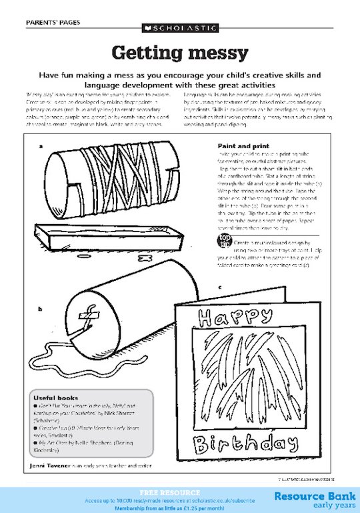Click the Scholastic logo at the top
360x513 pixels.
[x=179, y=29]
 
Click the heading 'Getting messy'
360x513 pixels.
[x=179, y=53]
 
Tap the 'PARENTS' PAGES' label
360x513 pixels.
[x=53, y=22]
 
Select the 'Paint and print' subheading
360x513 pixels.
[x=243, y=145]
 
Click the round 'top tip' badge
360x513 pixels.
[x=225, y=241]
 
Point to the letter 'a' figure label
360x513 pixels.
[x=41, y=145]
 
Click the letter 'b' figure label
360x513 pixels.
[x=41, y=309]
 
